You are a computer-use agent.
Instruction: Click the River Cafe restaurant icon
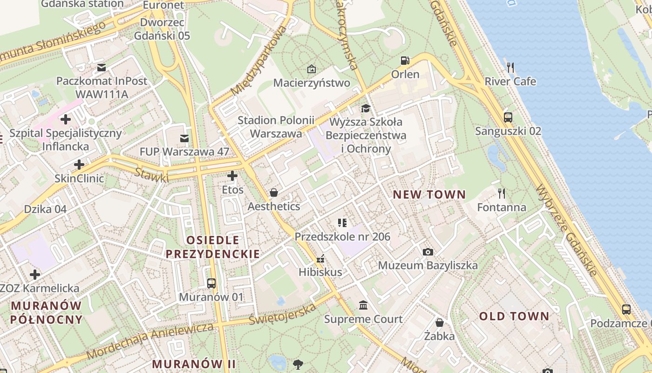(510, 68)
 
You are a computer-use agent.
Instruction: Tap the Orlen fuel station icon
(405, 61)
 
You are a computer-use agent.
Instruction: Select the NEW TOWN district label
(429, 194)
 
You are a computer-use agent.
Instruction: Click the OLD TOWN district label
(514, 316)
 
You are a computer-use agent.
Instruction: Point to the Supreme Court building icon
(363, 305)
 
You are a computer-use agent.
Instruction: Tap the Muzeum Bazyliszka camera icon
(428, 252)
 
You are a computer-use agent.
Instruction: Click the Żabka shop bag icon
(439, 322)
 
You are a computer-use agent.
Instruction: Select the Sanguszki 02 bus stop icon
(508, 117)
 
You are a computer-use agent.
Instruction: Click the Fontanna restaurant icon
(502, 193)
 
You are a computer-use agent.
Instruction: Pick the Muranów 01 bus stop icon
(211, 283)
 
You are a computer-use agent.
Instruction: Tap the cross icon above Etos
(232, 176)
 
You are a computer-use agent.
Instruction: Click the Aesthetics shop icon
(274, 193)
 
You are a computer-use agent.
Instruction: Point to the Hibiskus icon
(320, 258)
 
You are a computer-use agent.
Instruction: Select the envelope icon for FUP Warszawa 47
(184, 138)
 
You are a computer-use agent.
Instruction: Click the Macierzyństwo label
(312, 83)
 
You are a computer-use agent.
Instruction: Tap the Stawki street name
(152, 174)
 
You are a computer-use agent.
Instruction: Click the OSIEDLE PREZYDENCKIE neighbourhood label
(213, 247)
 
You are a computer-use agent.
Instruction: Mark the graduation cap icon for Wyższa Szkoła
(366, 109)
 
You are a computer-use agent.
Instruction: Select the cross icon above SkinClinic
(79, 164)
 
